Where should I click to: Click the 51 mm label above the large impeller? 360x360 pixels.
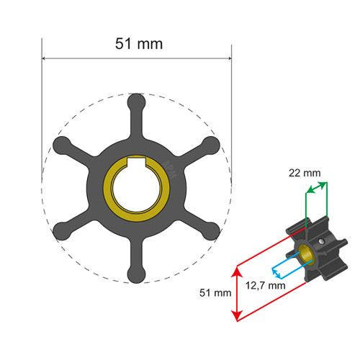pos(140,43)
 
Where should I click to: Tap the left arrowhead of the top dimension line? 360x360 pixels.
pos(45,59)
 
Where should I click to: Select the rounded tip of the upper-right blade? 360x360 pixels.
pos(211,146)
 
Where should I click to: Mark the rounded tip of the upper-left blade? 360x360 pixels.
pos(61,146)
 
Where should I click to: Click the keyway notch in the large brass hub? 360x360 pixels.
pos(136,163)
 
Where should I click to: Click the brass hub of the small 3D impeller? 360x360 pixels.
pos(307,252)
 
